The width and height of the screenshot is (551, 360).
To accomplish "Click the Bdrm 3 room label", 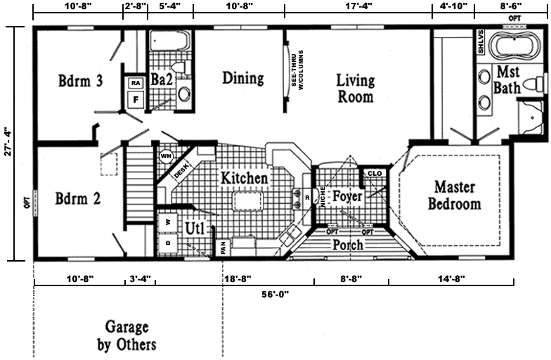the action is [80, 81].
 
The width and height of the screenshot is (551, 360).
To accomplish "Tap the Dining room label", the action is [243, 78].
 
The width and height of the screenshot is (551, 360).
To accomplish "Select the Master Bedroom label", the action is [454, 195].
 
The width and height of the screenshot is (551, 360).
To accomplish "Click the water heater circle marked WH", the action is [166, 156].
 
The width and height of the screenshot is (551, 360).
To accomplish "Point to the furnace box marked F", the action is [136, 100].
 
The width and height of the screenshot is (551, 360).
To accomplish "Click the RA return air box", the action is [136, 83].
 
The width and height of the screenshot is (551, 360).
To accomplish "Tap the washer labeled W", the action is [168, 222].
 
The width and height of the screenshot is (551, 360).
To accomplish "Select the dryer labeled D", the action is [168, 243].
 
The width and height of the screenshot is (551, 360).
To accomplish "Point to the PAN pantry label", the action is [223, 247].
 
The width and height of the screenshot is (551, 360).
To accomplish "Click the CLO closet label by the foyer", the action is [375, 173].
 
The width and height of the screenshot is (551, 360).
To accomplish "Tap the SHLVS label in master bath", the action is [481, 42].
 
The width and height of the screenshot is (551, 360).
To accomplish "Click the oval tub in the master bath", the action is [514, 45].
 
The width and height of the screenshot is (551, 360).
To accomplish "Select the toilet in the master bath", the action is [534, 84].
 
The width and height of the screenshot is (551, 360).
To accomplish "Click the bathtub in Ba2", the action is [170, 41].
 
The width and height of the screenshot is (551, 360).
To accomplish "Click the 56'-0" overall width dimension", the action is [275, 294].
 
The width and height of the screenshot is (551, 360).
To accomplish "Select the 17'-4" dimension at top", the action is [358, 6].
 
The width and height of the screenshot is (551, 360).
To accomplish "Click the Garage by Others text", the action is [127, 335].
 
